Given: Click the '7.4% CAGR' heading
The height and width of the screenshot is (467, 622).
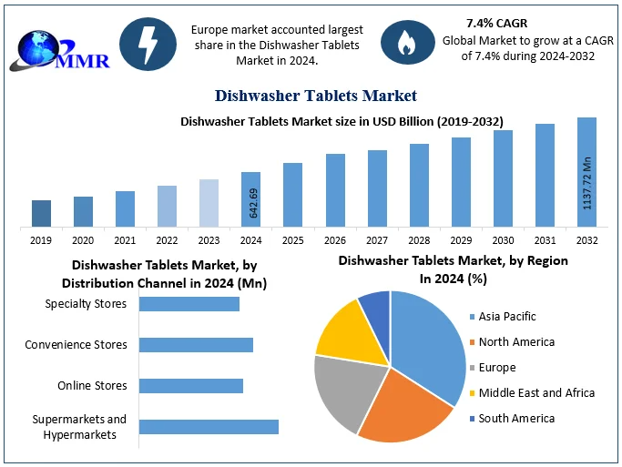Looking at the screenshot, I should (x=495, y=22).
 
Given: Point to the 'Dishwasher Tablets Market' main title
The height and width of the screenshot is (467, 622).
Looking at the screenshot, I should (x=316, y=95).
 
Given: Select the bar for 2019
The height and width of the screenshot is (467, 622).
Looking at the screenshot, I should (x=41, y=213).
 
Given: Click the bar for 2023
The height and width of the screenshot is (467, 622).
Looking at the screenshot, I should (x=209, y=202).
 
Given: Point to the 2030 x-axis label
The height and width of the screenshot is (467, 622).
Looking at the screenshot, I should (x=503, y=240).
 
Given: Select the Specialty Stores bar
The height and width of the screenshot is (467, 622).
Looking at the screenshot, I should (x=189, y=304).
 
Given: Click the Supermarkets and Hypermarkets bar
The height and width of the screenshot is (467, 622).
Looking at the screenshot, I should (x=209, y=426).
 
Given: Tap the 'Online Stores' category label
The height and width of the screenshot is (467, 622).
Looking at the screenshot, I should (x=92, y=386).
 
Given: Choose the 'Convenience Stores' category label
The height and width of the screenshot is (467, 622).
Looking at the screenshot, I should (x=76, y=345).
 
